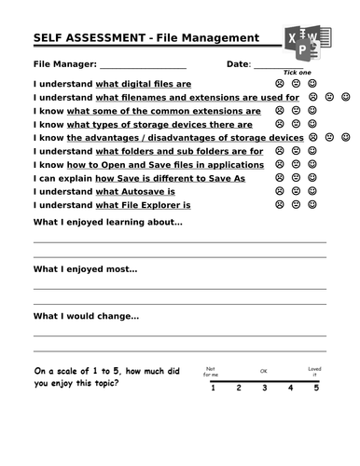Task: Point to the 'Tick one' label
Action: coord(298,72)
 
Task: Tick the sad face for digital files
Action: coord(280,83)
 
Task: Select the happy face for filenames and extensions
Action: coord(345,97)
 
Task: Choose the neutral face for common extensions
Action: coord(296,110)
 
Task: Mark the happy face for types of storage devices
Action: coord(312,124)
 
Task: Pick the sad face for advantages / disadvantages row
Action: coord(313,137)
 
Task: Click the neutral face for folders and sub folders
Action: coord(296,151)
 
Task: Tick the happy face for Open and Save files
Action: coord(312,164)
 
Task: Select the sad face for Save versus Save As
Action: coord(280,177)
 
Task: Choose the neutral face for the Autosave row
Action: coord(296,191)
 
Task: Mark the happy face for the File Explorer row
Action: coord(312,204)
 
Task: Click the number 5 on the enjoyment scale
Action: coord(316,388)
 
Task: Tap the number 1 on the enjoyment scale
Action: coord(213,388)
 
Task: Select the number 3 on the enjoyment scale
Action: coord(264,388)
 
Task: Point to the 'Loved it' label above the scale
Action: coord(315,371)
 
